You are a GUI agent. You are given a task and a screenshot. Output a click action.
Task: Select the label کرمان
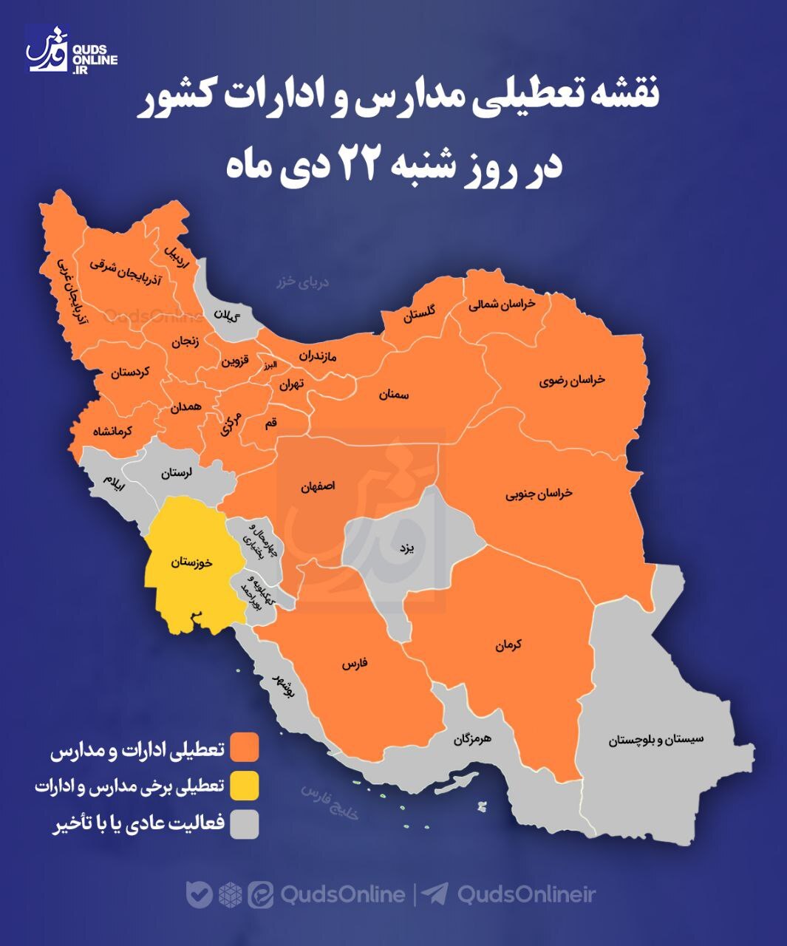tap(509, 645)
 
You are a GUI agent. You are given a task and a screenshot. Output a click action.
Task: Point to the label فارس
tap(355, 664)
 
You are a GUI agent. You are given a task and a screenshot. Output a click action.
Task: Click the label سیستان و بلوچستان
tap(656, 739)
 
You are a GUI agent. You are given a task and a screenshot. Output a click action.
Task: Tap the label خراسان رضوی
tap(572, 380)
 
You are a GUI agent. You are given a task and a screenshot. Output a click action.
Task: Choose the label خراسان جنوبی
tap(539, 493)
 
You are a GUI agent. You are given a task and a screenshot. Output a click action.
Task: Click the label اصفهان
tap(318, 487)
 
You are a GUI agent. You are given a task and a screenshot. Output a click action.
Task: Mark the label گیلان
tap(227, 316)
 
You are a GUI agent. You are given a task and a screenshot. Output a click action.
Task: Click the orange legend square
tap(244, 747)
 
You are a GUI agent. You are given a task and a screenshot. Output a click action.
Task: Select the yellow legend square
tap(244, 786)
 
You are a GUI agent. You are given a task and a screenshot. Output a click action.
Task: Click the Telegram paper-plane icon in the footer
tap(436, 894)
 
